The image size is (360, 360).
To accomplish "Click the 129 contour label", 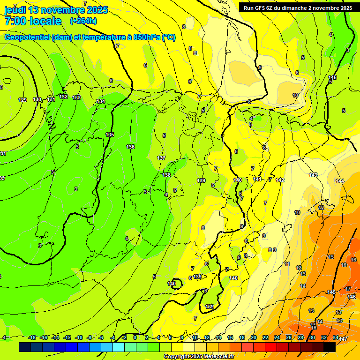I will [x=22, y=100].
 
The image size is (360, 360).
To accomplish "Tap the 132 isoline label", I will [x=63, y=97].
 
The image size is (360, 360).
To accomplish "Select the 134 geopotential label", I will [x=101, y=101].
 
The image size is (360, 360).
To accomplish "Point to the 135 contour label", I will [x=110, y=135].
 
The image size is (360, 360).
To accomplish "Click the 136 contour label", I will [x=130, y=147].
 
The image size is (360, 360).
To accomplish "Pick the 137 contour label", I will [x=161, y=158].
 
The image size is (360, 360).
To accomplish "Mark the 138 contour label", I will [x=166, y=174].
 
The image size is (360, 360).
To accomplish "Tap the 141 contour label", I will [x=257, y=179].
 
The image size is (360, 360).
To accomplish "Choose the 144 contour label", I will [x=340, y=181].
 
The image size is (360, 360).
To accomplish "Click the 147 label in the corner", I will [x=343, y=338].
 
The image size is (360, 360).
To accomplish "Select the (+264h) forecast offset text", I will [x=83, y=21].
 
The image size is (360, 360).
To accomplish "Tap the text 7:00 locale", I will [x=33, y=21].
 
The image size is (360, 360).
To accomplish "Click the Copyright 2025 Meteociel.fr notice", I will [x=199, y=356].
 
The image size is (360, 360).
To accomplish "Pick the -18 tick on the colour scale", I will [x=32, y=337].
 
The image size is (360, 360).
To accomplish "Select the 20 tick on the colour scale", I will [x=253, y=337].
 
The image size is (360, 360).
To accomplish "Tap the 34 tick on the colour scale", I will [x=335, y=337].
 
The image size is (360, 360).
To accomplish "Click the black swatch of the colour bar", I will [x=329, y=347].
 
